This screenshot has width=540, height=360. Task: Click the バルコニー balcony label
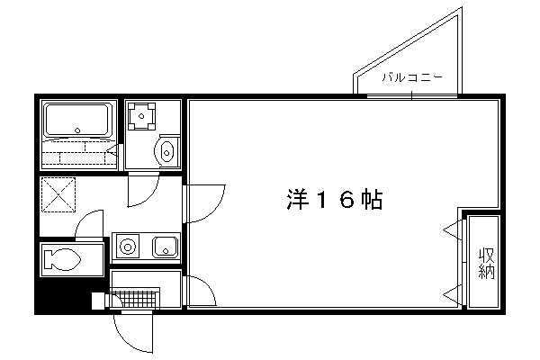[x=412, y=77]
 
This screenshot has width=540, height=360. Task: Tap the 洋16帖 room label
[x=335, y=200]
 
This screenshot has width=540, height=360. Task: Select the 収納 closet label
[x=487, y=263]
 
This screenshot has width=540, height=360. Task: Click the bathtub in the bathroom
[x=78, y=119]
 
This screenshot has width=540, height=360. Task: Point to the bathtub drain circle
[x=77, y=130]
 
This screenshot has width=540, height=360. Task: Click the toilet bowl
[x=62, y=259]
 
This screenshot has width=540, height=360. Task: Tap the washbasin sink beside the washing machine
[x=166, y=151]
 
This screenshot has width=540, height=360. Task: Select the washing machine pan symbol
[x=141, y=116]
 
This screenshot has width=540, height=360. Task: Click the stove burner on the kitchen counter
[x=128, y=247]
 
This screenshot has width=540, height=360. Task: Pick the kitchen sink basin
[x=166, y=247]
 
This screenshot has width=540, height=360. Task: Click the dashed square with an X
[x=58, y=194]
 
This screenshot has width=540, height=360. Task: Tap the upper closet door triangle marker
[x=452, y=229]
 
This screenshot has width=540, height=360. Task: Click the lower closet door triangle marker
[x=452, y=294]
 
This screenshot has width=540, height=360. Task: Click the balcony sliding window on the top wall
[x=412, y=96]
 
